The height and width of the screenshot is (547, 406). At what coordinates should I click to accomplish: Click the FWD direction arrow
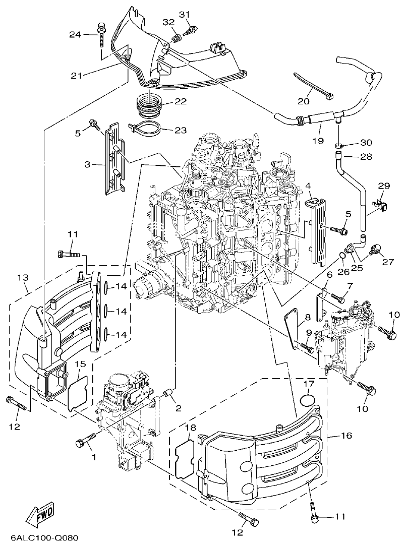(39, 515)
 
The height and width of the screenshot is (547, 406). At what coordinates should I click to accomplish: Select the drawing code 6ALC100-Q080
(40, 538)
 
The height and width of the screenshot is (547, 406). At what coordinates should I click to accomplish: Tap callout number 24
(75, 34)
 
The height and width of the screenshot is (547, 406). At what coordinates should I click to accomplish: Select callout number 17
(309, 384)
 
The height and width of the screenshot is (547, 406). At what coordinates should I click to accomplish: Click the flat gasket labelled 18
(185, 457)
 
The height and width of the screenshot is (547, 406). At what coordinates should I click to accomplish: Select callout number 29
(384, 186)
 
